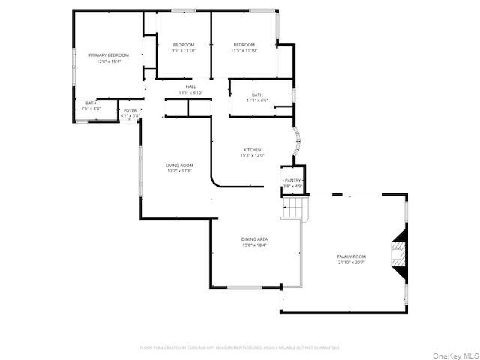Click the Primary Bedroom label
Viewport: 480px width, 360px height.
(109, 55)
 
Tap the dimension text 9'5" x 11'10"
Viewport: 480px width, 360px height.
(183, 50)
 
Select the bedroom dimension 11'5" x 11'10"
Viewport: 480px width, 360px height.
(244, 50)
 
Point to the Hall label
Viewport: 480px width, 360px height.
(191, 87)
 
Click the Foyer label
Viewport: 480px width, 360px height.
(130, 110)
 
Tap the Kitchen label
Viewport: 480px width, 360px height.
(252, 150)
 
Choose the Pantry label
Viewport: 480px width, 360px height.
(292, 181)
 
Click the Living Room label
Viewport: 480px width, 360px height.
(180, 165)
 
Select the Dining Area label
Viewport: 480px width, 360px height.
(254, 239)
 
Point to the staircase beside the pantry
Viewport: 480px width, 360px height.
(295, 206)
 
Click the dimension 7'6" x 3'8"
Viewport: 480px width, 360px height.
(91, 109)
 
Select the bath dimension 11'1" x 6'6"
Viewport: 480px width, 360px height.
(257, 100)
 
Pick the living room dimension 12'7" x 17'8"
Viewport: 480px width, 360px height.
(180, 171)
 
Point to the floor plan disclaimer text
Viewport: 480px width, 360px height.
(240, 347)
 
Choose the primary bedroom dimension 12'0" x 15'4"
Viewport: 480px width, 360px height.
(109, 61)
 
